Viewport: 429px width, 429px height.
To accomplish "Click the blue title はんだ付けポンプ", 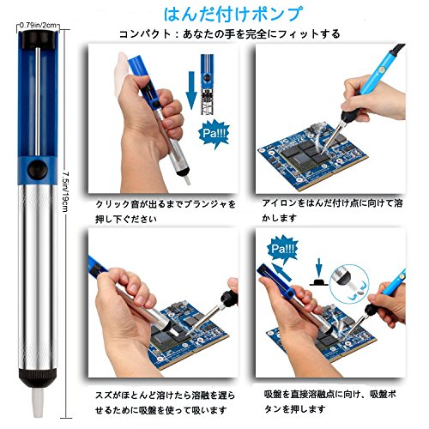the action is (233, 14).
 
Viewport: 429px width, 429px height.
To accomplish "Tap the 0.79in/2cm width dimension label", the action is (38, 25).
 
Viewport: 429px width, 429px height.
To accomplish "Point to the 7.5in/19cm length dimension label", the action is (65, 191).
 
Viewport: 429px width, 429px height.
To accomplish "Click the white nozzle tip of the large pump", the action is (38, 402).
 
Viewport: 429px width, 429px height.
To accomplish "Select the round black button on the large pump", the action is (38, 170).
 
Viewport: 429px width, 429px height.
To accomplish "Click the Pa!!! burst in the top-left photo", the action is (214, 134).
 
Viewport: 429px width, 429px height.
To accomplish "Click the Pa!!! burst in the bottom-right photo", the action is (282, 249).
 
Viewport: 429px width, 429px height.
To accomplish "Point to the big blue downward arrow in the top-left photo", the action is (191, 90).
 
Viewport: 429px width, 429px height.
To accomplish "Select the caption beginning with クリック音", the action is (166, 211).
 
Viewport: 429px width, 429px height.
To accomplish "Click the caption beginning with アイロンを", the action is (332, 210).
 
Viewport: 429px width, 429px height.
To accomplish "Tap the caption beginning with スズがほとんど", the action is (165, 403).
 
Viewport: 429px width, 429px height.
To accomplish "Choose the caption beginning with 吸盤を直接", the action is (330, 402).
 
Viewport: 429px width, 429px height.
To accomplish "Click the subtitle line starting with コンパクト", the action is (229, 34).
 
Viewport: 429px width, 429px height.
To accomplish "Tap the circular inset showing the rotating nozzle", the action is (349, 284).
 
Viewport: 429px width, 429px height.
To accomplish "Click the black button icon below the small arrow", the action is (319, 282).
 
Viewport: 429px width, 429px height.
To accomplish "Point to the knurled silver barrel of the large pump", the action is (38, 277).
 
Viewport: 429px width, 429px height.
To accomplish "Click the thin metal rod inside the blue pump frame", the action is (38, 101).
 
